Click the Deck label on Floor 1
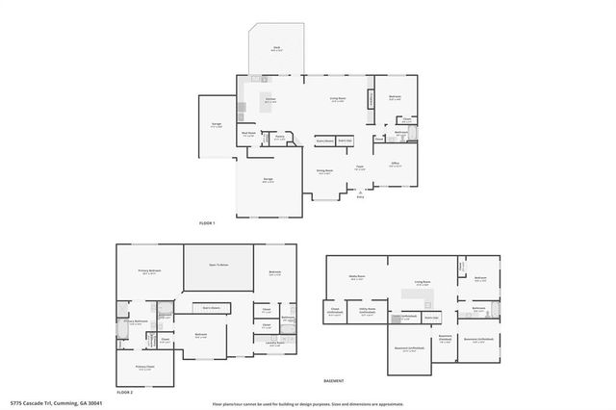(x=276, y=49)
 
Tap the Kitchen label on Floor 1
(x=271, y=100)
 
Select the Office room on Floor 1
(x=395, y=165)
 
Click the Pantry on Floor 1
(x=280, y=138)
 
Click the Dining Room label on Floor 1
(x=325, y=170)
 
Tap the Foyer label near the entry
(x=357, y=167)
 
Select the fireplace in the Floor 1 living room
(x=371, y=100)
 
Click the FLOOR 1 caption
(x=207, y=223)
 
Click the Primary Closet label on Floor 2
(x=145, y=367)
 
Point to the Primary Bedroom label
(x=149, y=271)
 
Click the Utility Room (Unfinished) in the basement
(x=367, y=313)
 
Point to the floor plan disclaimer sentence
(x=307, y=402)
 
